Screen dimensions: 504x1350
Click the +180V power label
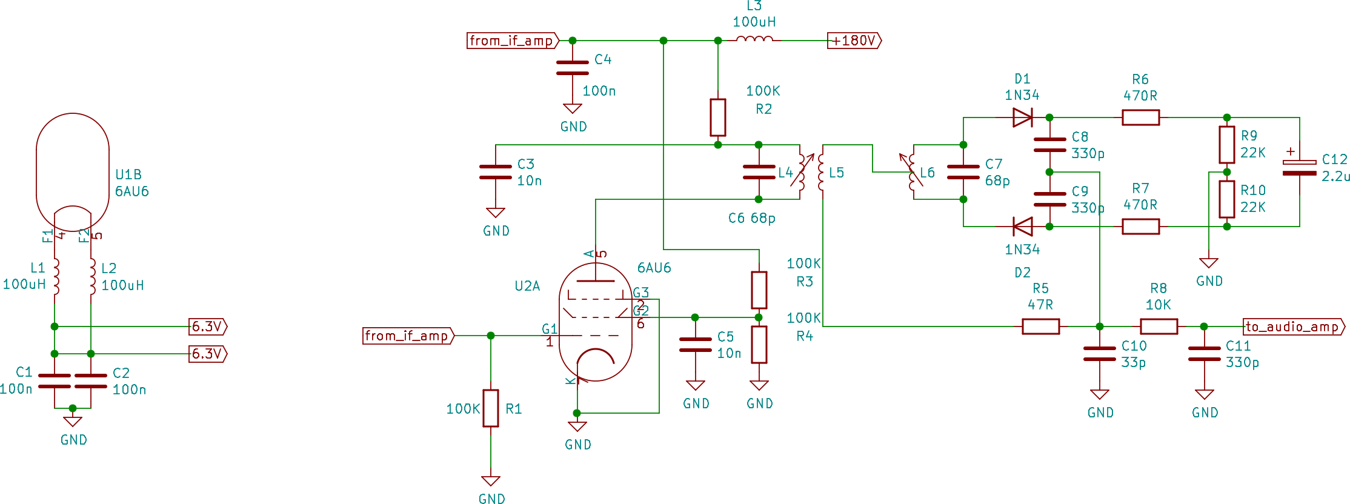point(854,41)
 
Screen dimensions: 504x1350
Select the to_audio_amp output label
point(1294,327)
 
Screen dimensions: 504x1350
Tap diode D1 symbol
point(1022,118)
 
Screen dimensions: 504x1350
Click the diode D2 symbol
point(1023,227)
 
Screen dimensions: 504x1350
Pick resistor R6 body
point(1140,118)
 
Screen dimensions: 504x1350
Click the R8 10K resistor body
point(1159,327)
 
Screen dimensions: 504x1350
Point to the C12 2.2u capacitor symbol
point(1299,168)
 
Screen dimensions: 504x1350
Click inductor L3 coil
point(754,39)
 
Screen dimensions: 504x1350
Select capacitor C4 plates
point(572,68)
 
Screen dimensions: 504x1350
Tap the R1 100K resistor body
point(491,408)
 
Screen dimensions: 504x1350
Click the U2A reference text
point(527,286)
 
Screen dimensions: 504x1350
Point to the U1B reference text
point(128,174)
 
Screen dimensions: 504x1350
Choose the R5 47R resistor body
point(1040,327)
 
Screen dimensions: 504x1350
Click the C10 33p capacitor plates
point(1099,354)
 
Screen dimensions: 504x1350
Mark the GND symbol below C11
point(1204,395)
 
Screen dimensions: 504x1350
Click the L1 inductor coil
point(56,276)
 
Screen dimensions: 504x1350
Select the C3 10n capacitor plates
point(496,172)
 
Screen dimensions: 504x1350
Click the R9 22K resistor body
point(1227,145)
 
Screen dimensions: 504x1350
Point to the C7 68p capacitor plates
point(963,172)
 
